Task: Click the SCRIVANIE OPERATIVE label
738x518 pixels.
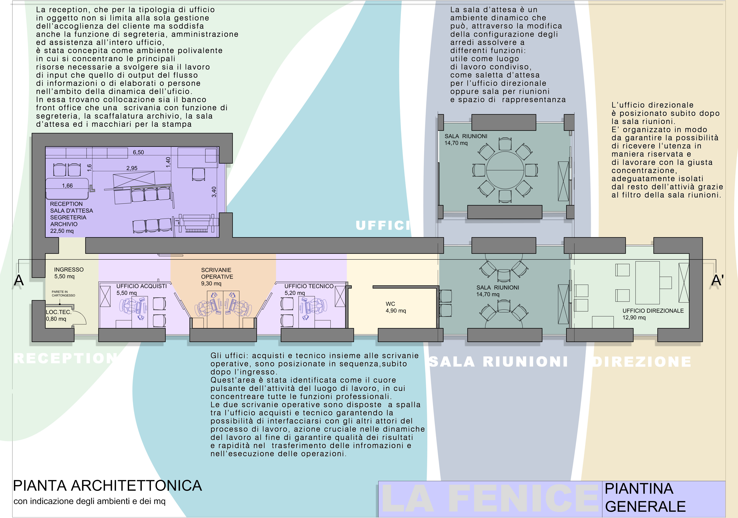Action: point(217,273)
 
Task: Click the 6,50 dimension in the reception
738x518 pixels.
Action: point(138,152)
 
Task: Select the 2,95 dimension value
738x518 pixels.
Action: point(132,168)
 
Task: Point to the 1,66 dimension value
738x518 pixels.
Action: point(68,186)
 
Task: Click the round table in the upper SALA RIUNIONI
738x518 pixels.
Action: point(505,170)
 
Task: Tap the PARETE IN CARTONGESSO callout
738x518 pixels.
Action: point(63,293)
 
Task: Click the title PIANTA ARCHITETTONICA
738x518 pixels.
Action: point(107,486)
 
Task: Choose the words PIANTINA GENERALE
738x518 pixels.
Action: point(645,497)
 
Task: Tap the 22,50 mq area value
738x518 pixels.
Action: point(62,231)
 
